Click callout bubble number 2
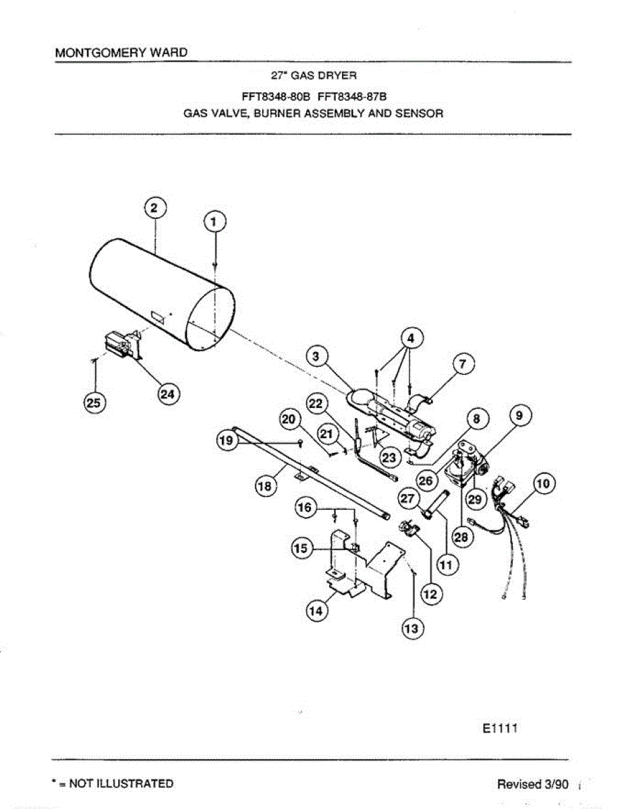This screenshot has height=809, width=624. pyautogui.click(x=154, y=208)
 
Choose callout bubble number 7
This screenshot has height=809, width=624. pyautogui.click(x=462, y=364)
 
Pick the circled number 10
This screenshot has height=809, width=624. pyautogui.click(x=542, y=483)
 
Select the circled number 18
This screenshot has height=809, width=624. pyautogui.click(x=263, y=486)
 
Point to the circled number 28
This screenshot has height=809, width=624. pyautogui.click(x=463, y=537)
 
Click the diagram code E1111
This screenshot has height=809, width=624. pyautogui.click(x=500, y=728)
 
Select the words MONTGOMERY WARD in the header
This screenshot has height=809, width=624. pyautogui.click(x=121, y=53)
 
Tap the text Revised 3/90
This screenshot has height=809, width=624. pyautogui.click(x=533, y=784)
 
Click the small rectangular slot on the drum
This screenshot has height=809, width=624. pyautogui.click(x=157, y=315)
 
